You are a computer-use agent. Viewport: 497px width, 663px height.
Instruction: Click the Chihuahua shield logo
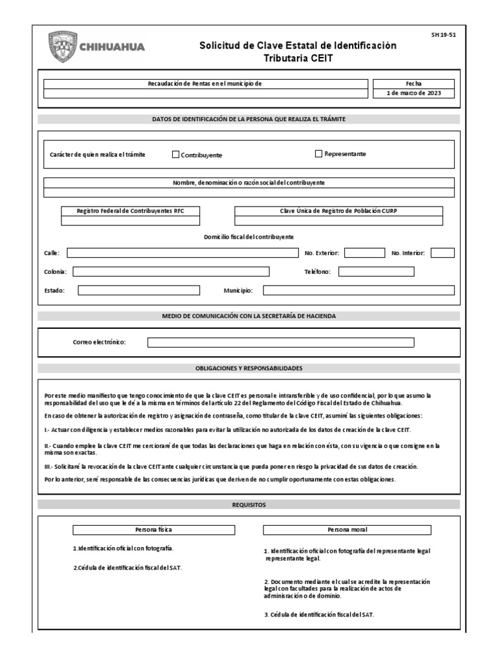[x=61, y=47]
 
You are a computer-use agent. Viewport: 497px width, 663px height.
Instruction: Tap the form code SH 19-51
[x=443, y=36]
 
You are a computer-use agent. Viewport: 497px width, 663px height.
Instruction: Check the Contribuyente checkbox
[x=175, y=155]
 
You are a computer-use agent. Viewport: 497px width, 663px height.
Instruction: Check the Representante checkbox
[x=318, y=154]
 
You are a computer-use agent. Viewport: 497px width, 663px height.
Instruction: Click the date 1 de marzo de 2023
[x=413, y=93]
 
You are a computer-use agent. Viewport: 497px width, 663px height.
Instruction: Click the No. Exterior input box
[x=364, y=253]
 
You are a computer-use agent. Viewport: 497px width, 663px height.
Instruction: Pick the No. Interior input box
[x=443, y=253]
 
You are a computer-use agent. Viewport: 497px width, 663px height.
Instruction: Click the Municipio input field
[x=359, y=291]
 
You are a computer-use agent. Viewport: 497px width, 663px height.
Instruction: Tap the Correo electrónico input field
[x=281, y=343]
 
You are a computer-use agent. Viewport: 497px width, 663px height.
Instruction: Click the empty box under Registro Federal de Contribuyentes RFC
[x=130, y=221]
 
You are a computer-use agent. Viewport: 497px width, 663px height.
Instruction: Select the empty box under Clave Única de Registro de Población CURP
[x=338, y=221]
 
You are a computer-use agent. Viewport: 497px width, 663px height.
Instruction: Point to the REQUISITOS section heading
[x=248, y=504]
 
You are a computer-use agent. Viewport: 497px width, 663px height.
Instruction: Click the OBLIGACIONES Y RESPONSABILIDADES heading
[x=248, y=368]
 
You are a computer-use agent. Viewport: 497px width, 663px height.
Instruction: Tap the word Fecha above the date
[x=413, y=84]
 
